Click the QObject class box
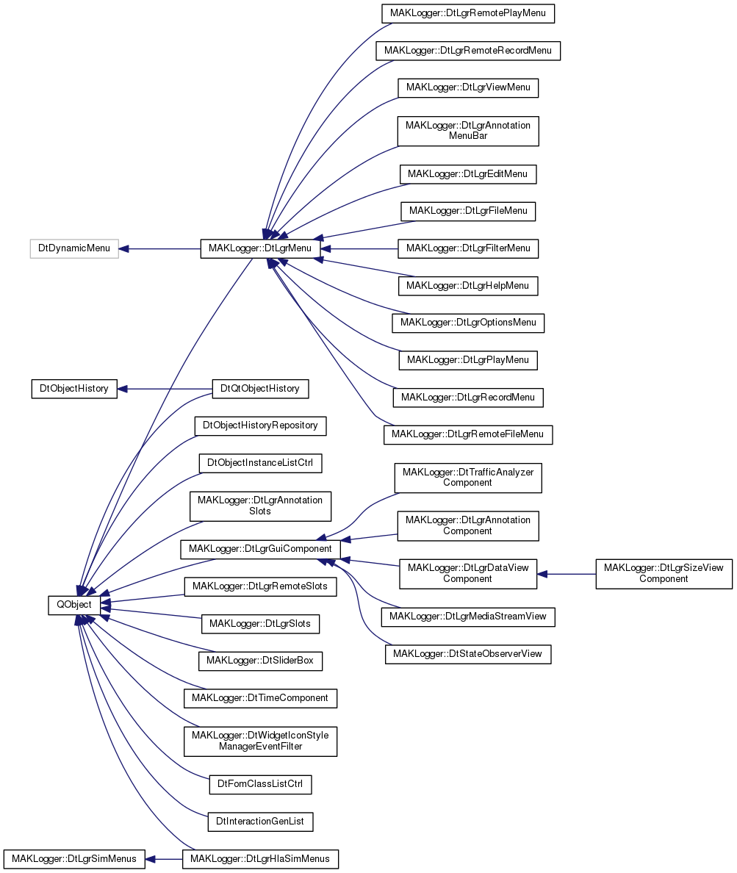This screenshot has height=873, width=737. [74, 606]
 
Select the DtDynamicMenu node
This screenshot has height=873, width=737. [74, 248]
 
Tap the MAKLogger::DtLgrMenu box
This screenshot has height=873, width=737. [260, 248]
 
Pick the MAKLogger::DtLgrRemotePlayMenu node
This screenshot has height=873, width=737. [468, 13]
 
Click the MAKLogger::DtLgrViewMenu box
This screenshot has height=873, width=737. [468, 87]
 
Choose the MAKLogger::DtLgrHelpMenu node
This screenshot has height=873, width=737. [468, 286]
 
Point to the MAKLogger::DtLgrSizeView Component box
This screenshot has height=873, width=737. [664, 574]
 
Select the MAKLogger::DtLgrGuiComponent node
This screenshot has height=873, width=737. [260, 549]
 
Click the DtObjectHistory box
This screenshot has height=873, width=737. [74, 389]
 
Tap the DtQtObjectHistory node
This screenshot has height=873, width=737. [260, 389]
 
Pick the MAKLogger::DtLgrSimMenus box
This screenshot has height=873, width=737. [74, 859]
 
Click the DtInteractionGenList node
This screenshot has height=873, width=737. [260, 822]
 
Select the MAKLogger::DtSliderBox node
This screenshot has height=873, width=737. [260, 661]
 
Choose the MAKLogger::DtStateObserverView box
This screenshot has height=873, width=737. [468, 654]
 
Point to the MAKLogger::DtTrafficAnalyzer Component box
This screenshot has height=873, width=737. [468, 478]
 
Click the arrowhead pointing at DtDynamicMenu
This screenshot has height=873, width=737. [123, 248]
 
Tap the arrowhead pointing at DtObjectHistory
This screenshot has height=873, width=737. [122, 389]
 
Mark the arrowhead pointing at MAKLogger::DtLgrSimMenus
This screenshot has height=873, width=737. [150, 859]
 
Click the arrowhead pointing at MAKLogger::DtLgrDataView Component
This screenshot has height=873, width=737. [542, 574]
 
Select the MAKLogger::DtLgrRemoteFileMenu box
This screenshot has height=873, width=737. [468, 435]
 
